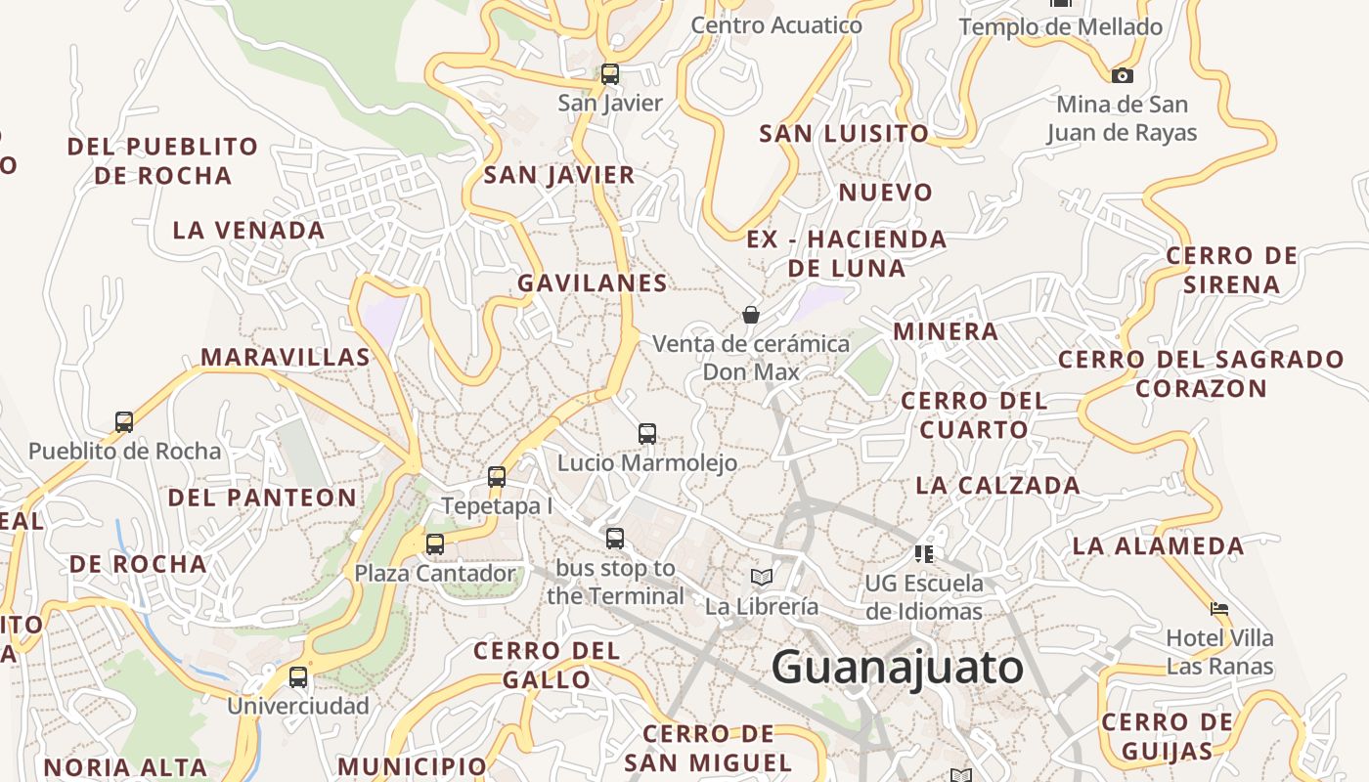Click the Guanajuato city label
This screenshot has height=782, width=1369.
897,669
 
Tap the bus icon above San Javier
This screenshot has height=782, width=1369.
610,73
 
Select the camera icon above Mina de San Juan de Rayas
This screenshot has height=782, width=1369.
1123,75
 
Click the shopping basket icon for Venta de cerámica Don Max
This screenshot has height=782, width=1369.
751,315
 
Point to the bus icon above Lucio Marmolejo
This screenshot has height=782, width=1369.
646,433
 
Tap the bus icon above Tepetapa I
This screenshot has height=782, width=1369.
497,477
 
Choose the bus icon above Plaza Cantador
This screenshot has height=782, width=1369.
435,544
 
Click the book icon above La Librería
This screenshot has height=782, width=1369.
762,578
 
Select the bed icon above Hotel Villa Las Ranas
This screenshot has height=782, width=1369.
1219,609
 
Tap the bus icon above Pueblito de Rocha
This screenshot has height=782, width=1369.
124,422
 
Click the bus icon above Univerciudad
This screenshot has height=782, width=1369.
298,676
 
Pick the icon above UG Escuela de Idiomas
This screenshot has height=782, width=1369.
924,554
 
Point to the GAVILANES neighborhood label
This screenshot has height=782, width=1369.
593,283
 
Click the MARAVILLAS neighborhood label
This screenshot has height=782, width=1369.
286,358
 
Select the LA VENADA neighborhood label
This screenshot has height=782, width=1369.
248,231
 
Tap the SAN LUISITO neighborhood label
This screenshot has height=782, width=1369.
844,133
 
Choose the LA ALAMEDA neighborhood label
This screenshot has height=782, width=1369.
1158,545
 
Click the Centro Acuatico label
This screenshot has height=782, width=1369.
776,25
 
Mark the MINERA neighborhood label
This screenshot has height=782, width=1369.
946,331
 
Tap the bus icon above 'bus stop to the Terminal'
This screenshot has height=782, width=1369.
615,538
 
